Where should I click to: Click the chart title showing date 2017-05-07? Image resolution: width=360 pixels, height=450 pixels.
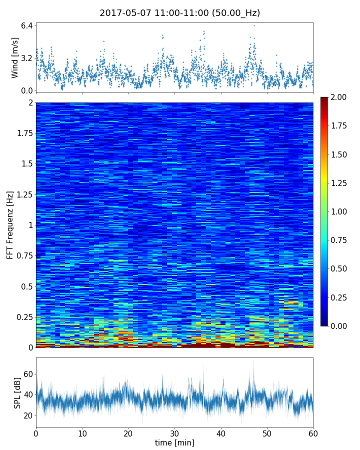coord(180,13)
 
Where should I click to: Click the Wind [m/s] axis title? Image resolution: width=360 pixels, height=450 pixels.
coord(15,57)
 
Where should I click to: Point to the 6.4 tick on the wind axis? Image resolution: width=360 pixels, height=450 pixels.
coord(27,25)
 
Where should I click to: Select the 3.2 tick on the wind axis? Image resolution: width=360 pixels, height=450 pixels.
coord(27,58)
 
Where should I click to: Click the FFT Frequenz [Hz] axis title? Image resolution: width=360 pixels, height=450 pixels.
coord(10,225)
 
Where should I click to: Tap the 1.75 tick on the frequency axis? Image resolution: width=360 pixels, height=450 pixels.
coord(24,133)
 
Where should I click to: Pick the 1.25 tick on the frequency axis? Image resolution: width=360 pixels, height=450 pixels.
coord(24,194)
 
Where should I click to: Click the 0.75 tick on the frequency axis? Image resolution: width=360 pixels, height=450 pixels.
coord(24,256)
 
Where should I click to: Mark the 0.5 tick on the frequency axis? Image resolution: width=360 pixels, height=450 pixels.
coord(26,286)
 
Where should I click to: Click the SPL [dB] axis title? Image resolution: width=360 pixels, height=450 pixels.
coord(17,393)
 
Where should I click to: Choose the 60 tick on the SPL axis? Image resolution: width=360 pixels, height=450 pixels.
coord(28,374)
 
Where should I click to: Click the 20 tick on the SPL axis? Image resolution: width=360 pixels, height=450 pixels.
coord(28,415)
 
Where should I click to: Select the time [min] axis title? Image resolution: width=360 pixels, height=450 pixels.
coord(174,442)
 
